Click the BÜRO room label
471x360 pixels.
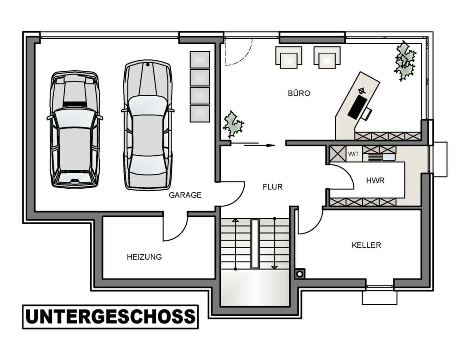[x=299, y=93]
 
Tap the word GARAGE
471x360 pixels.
[x=185, y=195]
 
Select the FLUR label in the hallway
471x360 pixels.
[x=272, y=187]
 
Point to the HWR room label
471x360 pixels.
[x=375, y=180]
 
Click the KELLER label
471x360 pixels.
[x=366, y=245]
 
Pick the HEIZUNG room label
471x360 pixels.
[x=144, y=257]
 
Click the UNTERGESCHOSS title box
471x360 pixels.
[x=110, y=317]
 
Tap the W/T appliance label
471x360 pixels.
[x=353, y=154]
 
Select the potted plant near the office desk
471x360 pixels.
[x=405, y=61]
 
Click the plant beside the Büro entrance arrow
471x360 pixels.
[x=233, y=124]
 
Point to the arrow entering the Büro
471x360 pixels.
[x=259, y=145]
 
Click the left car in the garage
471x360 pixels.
[x=75, y=129]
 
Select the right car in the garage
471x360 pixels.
[x=148, y=125]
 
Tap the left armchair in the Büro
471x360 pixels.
[x=289, y=57]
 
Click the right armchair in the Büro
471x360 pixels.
[x=327, y=57]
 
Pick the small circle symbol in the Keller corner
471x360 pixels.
[x=299, y=274]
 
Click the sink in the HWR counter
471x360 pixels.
[x=389, y=157]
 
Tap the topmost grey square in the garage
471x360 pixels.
[x=200, y=59]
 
